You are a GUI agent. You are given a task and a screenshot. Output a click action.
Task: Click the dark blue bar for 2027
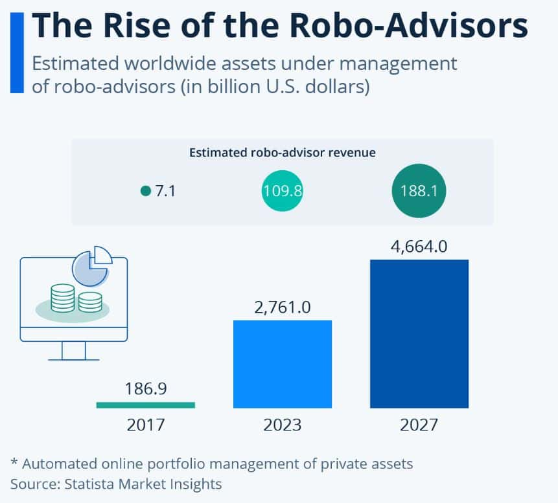[x=419, y=333]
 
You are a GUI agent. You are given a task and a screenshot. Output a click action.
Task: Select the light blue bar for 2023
[x=283, y=364]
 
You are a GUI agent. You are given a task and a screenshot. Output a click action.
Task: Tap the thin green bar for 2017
[x=145, y=405]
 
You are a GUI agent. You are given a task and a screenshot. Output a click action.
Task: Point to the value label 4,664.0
[x=419, y=247]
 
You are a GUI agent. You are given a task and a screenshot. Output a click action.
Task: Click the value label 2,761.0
[x=283, y=307]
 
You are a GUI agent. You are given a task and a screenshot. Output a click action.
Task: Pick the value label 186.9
[x=146, y=390]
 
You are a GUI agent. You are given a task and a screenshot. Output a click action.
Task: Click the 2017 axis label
[x=146, y=425]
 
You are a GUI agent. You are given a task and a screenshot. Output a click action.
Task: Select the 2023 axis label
[x=283, y=425]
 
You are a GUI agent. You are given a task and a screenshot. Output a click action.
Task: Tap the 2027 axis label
[x=419, y=425]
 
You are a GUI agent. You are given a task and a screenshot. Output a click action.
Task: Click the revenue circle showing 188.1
[x=419, y=191]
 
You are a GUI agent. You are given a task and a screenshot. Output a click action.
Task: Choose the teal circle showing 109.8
[x=283, y=191]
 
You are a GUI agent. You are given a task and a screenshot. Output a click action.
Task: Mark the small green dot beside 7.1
[x=145, y=191]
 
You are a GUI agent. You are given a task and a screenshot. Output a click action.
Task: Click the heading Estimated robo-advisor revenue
[x=283, y=153]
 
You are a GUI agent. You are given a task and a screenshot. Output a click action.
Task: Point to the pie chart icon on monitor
[x=91, y=265]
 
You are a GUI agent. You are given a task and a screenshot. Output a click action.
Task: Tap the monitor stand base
[x=73, y=359]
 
